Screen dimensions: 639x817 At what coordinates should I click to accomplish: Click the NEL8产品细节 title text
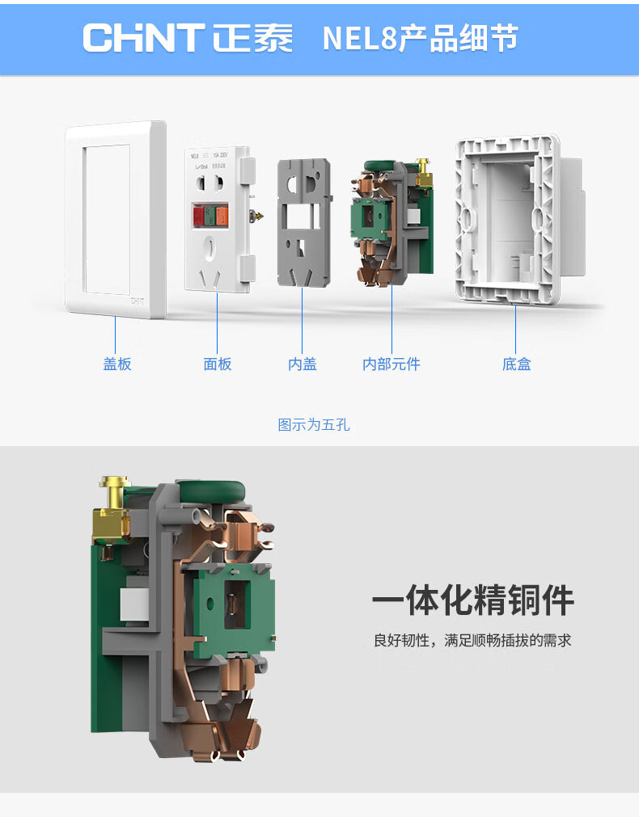click(x=420, y=38)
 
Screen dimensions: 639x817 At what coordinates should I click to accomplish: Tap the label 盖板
click(x=117, y=364)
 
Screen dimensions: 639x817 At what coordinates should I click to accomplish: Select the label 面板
click(x=218, y=364)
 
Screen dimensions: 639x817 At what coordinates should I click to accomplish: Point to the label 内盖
click(x=303, y=364)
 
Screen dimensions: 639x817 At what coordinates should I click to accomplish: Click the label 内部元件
click(x=391, y=364)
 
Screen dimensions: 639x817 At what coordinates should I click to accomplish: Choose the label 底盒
click(x=516, y=364)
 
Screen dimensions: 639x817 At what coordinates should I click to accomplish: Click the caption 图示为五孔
click(x=314, y=425)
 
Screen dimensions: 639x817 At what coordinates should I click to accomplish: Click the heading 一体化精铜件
click(x=473, y=601)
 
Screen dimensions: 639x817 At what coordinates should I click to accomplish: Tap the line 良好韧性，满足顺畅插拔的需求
click(x=472, y=641)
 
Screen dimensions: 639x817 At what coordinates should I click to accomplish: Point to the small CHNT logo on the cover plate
click(x=138, y=300)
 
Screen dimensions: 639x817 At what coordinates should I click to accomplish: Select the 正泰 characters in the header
click(x=253, y=38)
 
